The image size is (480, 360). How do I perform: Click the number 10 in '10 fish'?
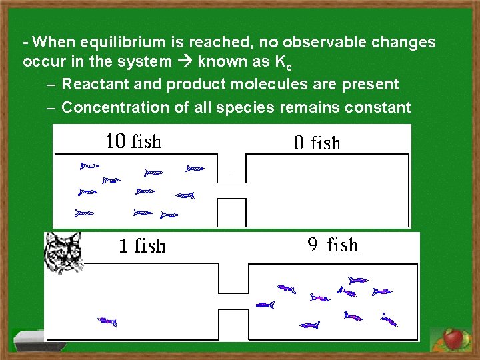[x=115, y=141]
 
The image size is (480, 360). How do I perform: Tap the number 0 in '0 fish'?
[x=299, y=143]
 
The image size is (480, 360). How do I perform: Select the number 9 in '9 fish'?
[x=313, y=245]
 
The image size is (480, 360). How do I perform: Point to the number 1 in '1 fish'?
[x=123, y=247]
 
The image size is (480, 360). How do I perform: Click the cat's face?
[x=63, y=252]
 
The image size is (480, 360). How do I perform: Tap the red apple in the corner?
[x=453, y=339]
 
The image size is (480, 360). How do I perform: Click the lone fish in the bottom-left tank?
[x=107, y=321]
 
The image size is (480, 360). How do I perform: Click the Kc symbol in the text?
[x=283, y=63]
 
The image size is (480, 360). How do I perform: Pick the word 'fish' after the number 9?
[x=343, y=245]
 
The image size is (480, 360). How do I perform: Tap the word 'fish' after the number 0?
[x=326, y=143]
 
